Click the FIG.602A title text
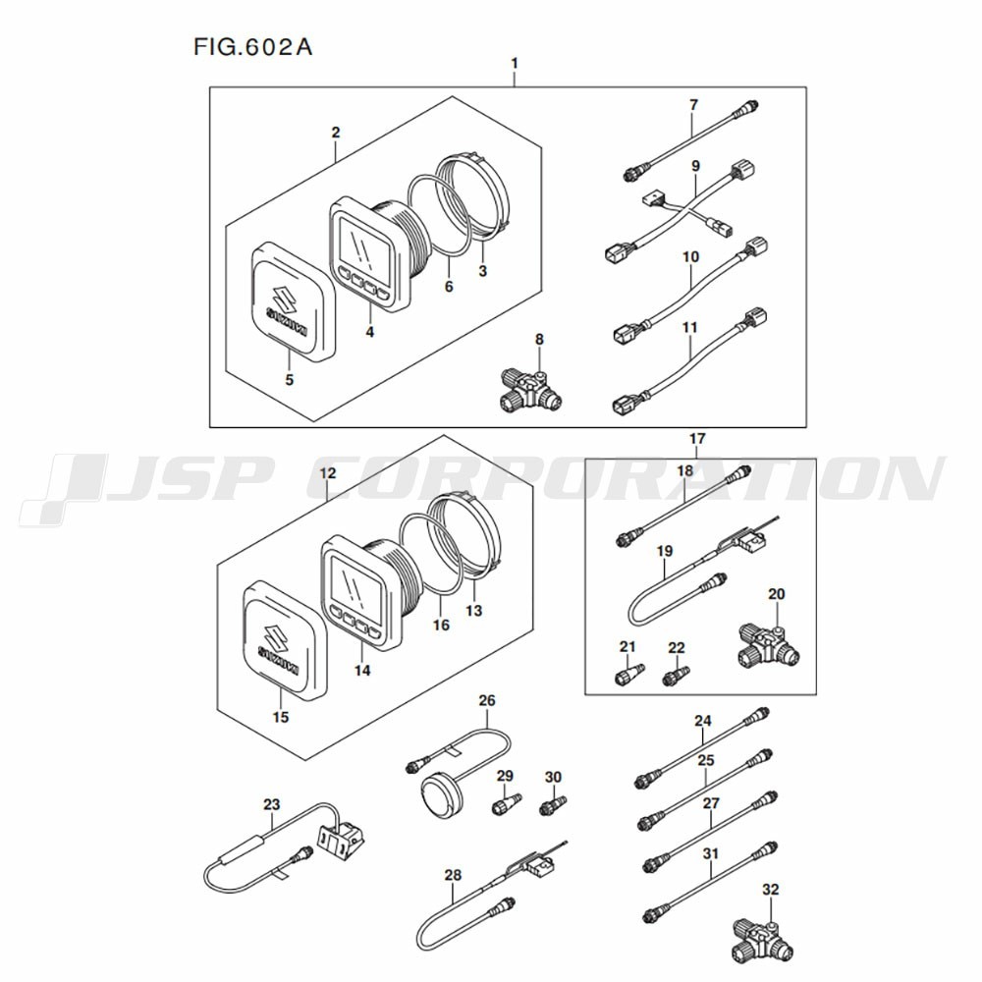[x=252, y=47]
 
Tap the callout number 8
[x=539, y=340]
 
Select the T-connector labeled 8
[x=531, y=391]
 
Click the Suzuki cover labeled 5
[x=293, y=301]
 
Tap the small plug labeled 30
[x=553, y=805]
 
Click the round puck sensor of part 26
[x=442, y=791]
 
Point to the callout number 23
[x=271, y=804]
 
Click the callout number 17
[x=697, y=439]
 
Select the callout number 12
[x=328, y=473]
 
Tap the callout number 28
[x=453, y=875]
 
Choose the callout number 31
[x=711, y=853]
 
